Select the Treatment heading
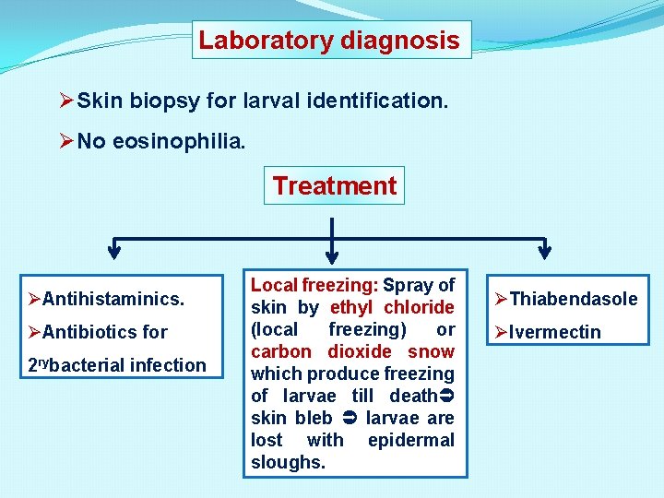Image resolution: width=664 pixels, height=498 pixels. [x=334, y=185]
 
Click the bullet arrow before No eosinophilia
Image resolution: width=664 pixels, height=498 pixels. [x=65, y=141]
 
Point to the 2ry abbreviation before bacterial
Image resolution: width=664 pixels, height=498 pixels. [x=38, y=364]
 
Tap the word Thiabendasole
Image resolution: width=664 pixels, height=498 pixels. [x=573, y=299]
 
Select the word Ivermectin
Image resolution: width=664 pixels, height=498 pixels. [x=554, y=332]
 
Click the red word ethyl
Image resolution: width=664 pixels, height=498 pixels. [x=350, y=307]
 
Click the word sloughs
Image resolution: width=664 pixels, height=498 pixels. [x=288, y=462]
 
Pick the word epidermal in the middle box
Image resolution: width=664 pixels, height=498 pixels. [x=410, y=440]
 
